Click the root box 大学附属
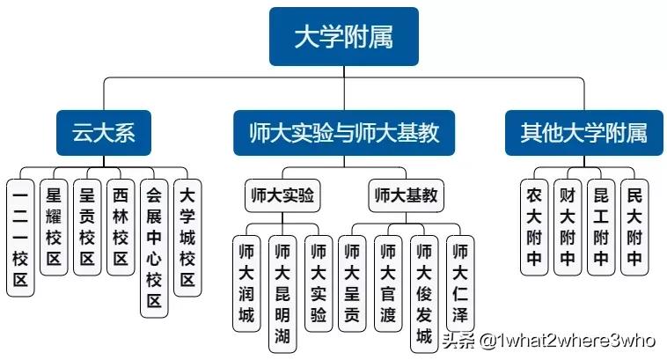point(342,38)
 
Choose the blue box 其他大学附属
point(583,133)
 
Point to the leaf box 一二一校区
point(20,236)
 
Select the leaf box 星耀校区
point(54,226)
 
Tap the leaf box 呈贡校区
point(87,226)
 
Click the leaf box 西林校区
point(121,226)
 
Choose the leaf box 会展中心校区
point(154,248)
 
